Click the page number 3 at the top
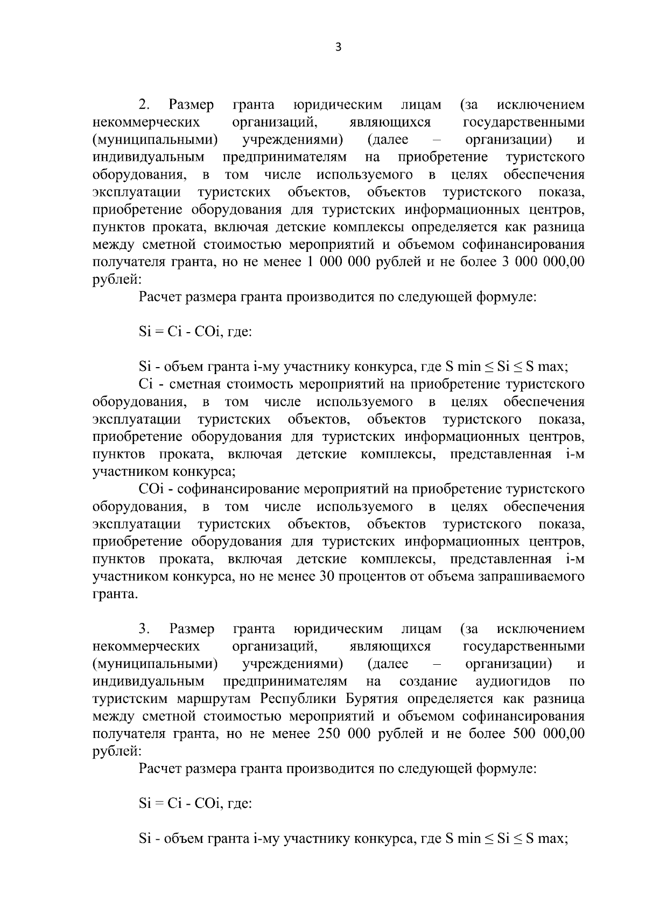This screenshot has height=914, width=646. click(338, 47)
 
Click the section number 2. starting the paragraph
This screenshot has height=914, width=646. click(145, 104)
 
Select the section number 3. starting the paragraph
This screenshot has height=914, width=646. click(145, 629)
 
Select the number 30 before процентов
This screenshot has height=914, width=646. click(328, 576)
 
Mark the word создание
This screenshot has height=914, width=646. click(428, 681)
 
